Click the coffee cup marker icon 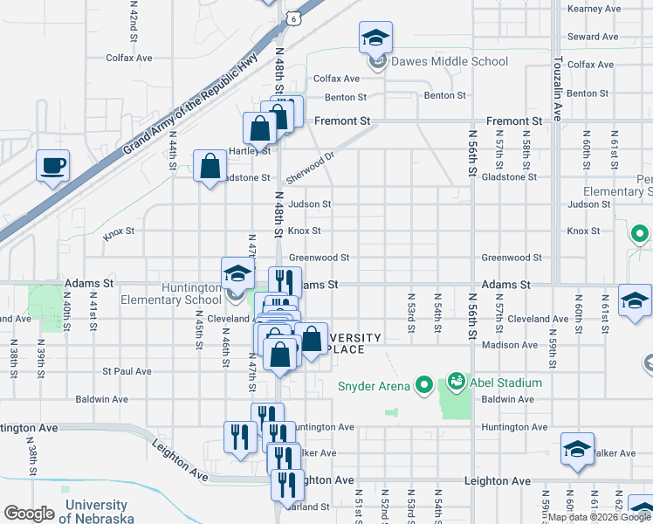(52, 165)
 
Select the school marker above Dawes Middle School (376, 38)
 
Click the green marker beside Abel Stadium (455, 382)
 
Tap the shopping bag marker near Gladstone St (210, 166)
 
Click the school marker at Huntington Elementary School (236, 274)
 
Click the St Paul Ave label (127, 371)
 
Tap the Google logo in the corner (30, 514)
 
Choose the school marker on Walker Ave (576, 449)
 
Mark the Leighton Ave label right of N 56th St (498, 481)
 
